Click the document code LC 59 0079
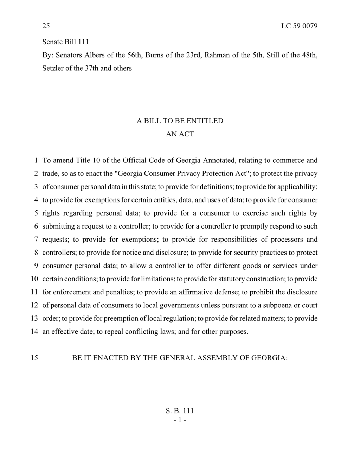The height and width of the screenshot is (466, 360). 299,26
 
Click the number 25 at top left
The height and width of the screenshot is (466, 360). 46,26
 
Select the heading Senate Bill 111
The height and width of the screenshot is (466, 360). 66,42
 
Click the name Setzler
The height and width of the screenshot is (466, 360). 52,68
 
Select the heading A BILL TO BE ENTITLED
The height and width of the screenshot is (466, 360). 180,121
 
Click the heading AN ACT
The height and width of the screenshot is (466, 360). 180,134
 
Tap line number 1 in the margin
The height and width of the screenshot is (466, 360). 36,160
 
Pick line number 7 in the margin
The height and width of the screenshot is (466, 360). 36,240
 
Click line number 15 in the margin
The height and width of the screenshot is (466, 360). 34,358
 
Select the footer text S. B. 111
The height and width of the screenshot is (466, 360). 180,411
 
